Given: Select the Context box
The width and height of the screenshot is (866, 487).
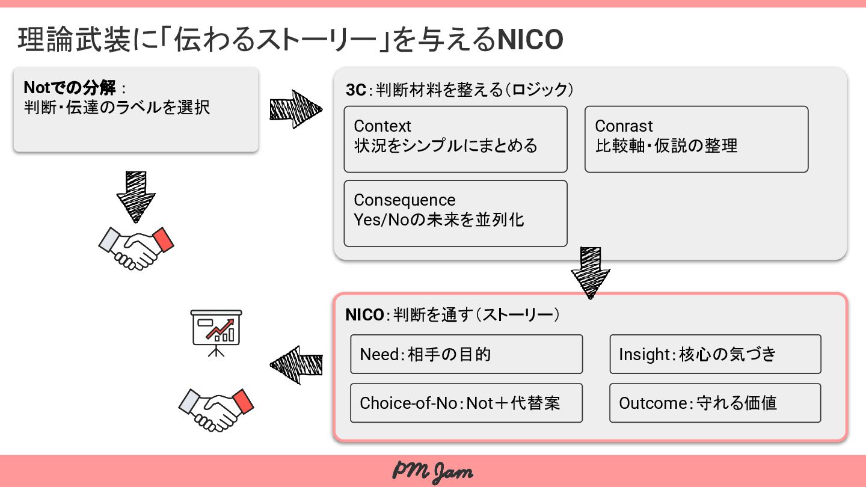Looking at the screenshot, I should (455, 139).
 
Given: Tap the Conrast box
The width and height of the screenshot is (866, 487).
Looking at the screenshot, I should (696, 139).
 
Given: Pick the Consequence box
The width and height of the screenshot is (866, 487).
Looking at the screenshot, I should (455, 213).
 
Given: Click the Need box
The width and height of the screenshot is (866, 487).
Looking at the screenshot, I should (466, 354).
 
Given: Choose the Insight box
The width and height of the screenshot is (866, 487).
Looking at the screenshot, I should (714, 354).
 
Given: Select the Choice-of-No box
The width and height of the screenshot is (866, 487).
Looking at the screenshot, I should (466, 403).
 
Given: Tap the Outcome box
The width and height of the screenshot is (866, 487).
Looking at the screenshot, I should (714, 403).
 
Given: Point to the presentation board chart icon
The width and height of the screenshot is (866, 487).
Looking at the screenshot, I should (216, 331).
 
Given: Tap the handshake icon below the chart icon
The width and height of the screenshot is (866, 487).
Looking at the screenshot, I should (216, 409).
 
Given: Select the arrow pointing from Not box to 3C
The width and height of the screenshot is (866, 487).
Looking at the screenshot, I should (295, 109).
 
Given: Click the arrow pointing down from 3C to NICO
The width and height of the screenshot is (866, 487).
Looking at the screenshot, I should (590, 272).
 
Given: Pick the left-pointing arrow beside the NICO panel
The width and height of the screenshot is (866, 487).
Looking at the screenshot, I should (296, 364).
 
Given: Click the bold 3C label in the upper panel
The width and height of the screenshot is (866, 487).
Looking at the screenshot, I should (355, 90).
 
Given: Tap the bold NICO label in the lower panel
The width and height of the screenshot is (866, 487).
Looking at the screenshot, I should (364, 315).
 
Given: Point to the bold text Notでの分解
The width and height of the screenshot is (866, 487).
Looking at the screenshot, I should (70, 88).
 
